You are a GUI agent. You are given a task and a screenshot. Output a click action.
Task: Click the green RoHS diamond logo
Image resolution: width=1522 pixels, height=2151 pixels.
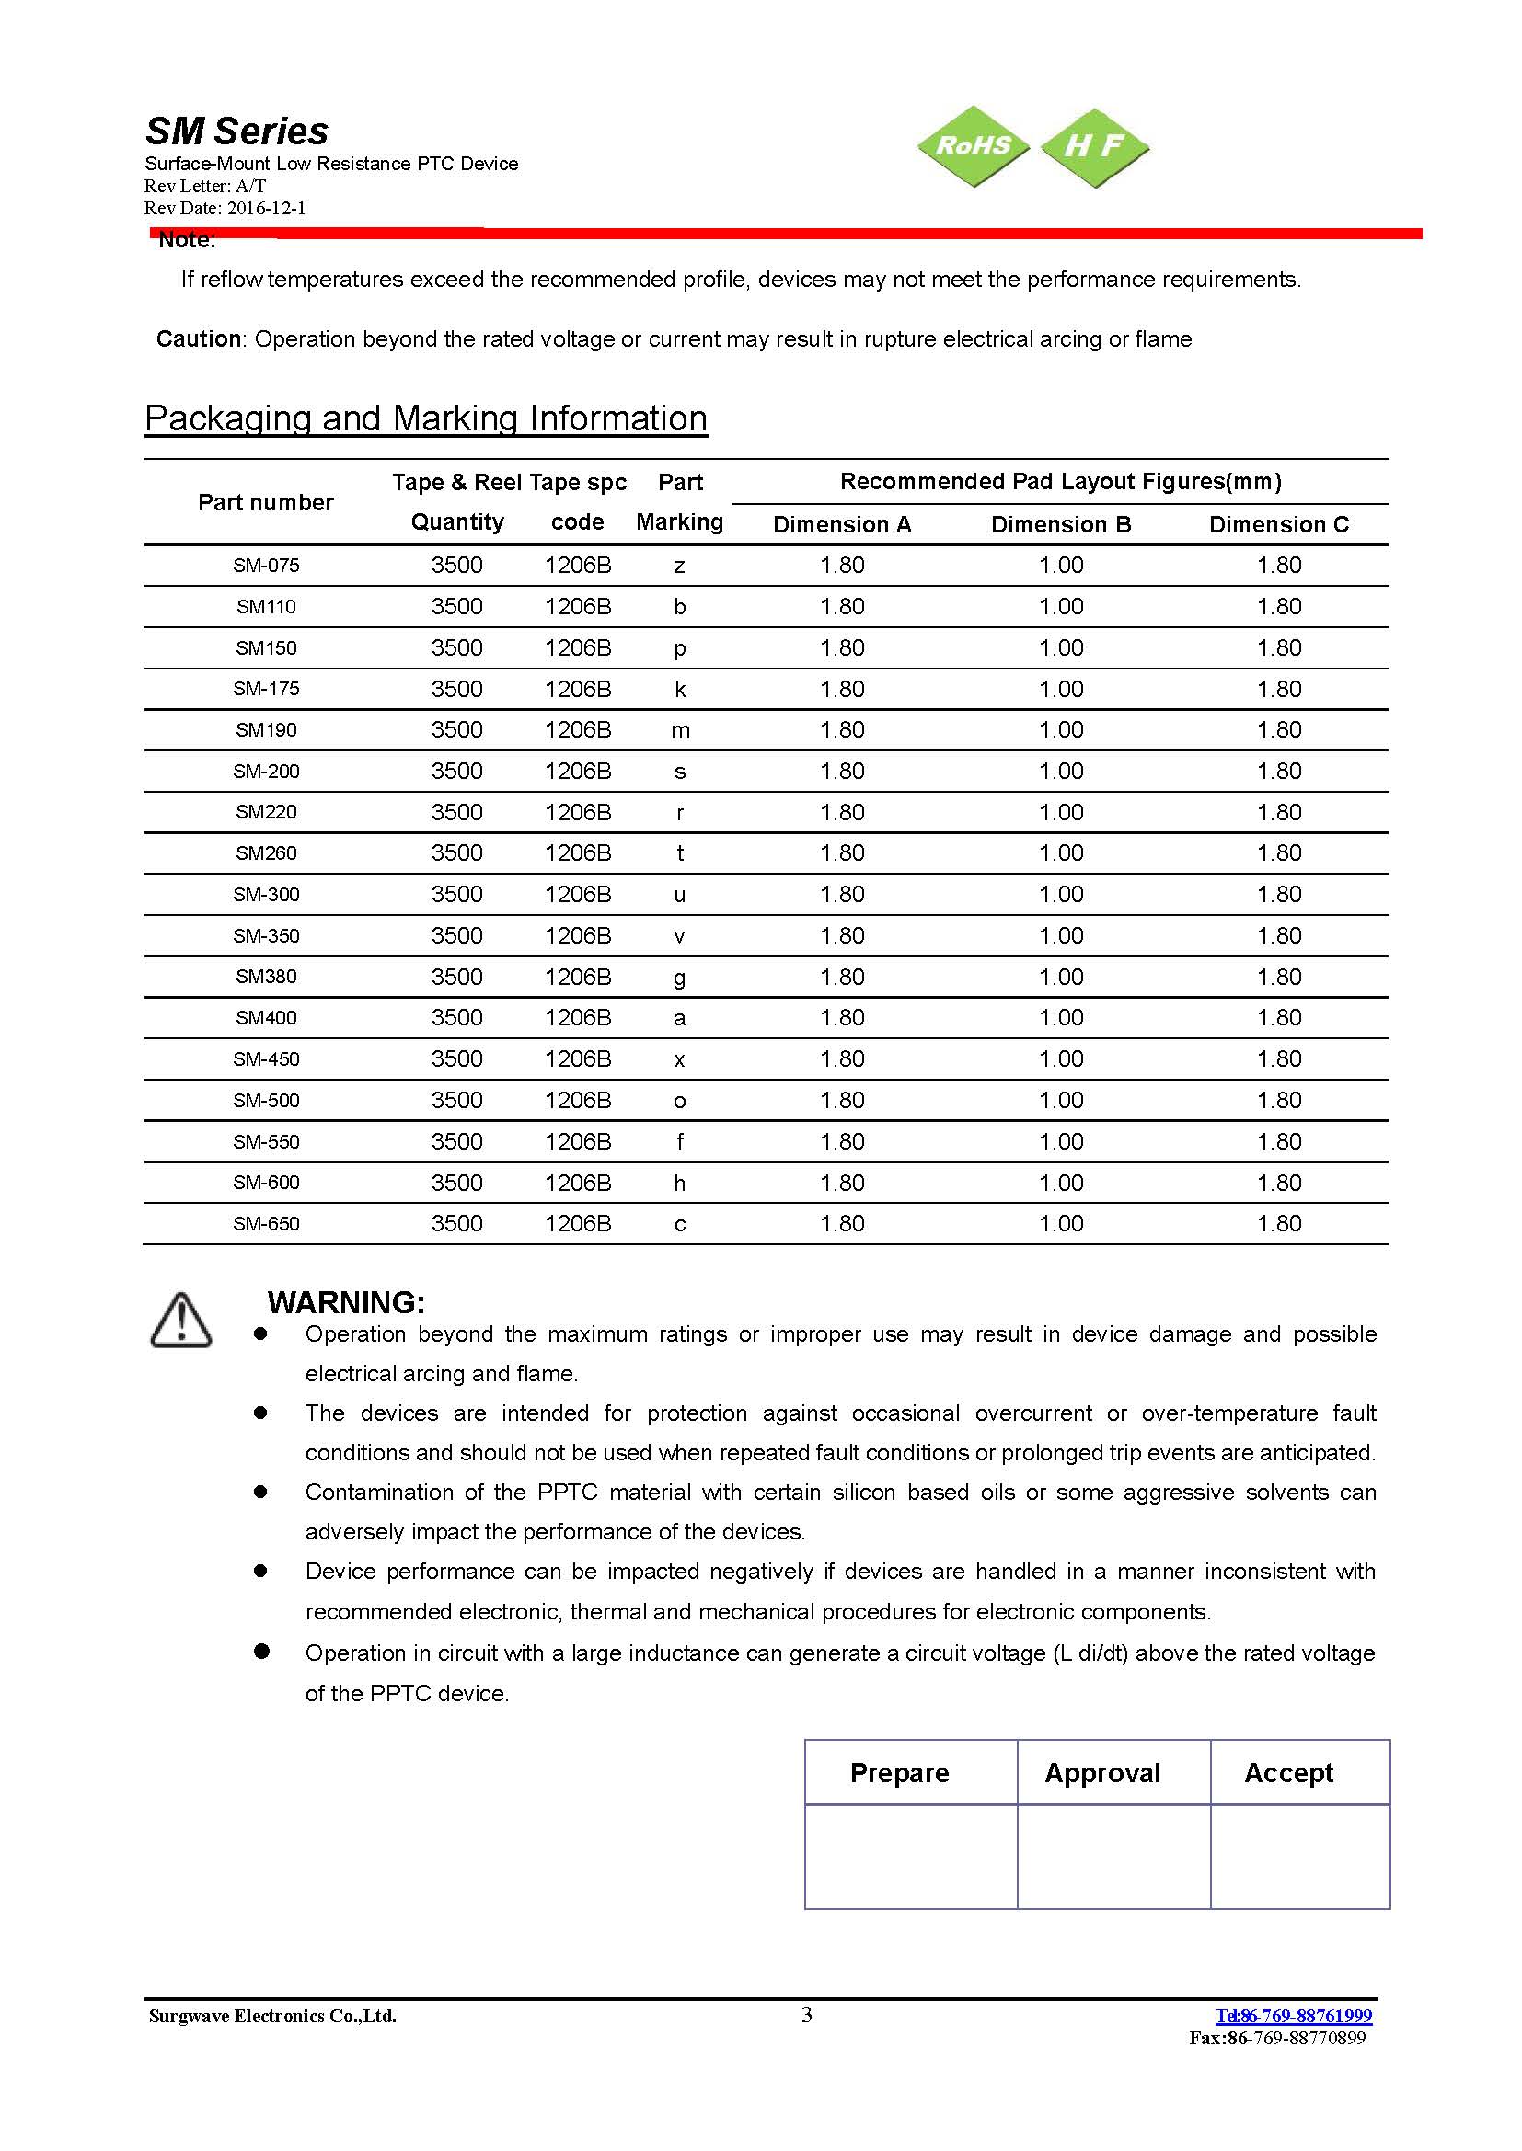coord(973,146)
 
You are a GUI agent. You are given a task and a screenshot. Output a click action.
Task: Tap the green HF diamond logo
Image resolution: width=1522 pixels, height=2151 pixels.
coord(1094,146)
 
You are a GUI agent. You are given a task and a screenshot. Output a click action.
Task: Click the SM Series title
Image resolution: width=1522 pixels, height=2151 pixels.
coord(237,132)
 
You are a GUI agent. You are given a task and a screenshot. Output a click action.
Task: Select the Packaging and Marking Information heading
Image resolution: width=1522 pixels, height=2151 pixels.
coord(425,418)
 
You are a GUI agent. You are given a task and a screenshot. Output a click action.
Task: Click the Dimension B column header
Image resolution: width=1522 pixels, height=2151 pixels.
coord(1061,524)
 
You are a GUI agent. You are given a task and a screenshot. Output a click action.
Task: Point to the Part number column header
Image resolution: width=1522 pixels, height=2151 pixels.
coord(265,503)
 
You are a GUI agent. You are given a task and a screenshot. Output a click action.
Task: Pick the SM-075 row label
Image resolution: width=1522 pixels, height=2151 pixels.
coord(266,566)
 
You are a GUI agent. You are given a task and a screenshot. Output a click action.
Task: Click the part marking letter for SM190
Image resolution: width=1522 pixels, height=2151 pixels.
coord(680,730)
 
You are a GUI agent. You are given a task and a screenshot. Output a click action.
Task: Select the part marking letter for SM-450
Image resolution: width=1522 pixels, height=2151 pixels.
coord(679,1059)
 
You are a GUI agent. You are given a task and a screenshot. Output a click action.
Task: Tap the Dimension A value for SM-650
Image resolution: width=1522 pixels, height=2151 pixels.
coord(842,1223)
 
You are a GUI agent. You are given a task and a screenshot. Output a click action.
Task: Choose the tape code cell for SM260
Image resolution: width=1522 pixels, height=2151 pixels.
coord(577,853)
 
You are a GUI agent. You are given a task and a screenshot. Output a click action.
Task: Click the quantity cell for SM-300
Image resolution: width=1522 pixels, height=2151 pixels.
coord(456,895)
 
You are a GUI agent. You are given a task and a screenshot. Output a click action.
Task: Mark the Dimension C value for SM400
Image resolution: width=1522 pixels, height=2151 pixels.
coord(1278,1018)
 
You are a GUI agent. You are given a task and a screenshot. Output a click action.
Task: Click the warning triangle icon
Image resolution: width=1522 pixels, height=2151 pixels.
coord(181,1321)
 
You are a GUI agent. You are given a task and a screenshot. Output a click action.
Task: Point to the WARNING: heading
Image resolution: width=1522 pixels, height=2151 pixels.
coord(346,1302)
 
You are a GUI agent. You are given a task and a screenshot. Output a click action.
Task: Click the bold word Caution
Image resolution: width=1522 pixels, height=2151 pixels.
coord(199,339)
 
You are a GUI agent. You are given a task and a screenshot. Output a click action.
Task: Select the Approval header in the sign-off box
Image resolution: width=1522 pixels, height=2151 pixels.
coord(1102,1772)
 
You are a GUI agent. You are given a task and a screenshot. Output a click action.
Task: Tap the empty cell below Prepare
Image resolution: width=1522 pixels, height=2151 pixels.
coord(910,1856)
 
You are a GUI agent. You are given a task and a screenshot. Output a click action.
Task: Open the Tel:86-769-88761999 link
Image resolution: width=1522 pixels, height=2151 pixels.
coord(1292,2015)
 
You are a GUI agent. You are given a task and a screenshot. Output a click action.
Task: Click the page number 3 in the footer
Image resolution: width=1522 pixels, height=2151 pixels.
coord(807,2014)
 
